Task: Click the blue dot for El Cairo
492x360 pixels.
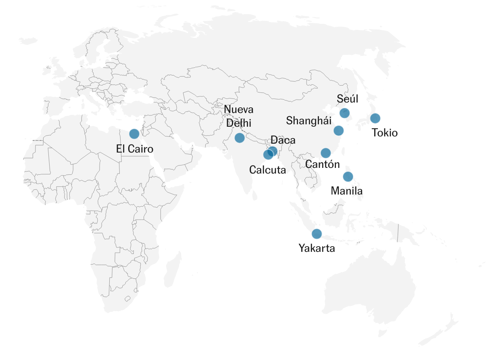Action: (x=134, y=134)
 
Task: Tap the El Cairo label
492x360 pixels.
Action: (x=135, y=149)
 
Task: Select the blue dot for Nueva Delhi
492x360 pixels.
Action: (x=240, y=138)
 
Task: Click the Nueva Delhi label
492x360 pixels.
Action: (x=239, y=116)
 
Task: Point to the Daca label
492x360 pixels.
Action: (x=283, y=140)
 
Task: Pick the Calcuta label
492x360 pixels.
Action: (x=267, y=170)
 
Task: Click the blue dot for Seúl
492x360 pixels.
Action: (x=344, y=113)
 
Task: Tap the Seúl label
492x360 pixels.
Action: (x=348, y=99)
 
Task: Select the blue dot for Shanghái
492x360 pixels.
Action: (x=339, y=130)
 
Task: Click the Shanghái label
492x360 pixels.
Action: (x=309, y=121)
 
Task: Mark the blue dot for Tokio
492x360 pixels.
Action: (x=375, y=118)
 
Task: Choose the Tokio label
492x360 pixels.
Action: (x=385, y=133)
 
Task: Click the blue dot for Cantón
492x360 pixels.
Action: (x=325, y=153)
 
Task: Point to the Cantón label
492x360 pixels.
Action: (x=322, y=164)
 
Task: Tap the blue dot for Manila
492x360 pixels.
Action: (x=348, y=176)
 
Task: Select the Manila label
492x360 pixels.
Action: (x=346, y=191)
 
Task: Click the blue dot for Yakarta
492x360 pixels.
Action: (x=317, y=234)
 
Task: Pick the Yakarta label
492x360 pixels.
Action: (x=317, y=248)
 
